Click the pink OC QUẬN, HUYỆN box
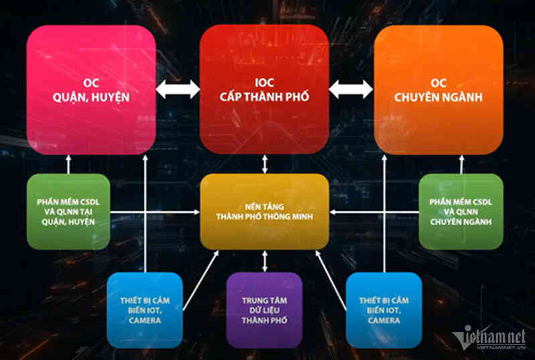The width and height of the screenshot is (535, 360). click(x=91, y=90)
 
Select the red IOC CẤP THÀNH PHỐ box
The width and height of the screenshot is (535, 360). click(x=264, y=89)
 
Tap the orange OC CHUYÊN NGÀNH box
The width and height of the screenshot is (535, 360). click(x=439, y=90)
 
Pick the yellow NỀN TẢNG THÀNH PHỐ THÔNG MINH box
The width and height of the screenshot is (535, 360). click(x=264, y=211)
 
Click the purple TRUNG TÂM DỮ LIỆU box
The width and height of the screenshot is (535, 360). click(x=264, y=310)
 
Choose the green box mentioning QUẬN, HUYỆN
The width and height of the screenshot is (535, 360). click(x=68, y=211)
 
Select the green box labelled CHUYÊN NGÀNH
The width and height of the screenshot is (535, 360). click(x=461, y=211)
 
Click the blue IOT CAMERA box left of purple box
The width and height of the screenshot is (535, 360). click(x=145, y=310)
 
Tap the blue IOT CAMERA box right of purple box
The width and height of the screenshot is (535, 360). click(x=384, y=310)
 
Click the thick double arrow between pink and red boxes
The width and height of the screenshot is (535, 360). click(x=177, y=89)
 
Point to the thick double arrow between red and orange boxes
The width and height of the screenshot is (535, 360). click(x=351, y=89)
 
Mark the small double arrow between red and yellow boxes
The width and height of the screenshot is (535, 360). click(x=264, y=164)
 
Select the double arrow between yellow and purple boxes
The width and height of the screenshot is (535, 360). click(x=264, y=261)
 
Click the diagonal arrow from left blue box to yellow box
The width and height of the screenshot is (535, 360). click(x=201, y=280)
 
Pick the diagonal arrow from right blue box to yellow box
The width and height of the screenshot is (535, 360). click(x=331, y=280)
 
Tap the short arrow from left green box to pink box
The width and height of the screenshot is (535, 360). click(x=68, y=165)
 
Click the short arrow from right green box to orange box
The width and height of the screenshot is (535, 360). click(x=461, y=165)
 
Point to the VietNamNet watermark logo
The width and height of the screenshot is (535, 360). click(x=489, y=337)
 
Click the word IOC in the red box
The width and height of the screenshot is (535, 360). click(x=264, y=83)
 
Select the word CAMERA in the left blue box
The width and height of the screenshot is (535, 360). click(x=145, y=321)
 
